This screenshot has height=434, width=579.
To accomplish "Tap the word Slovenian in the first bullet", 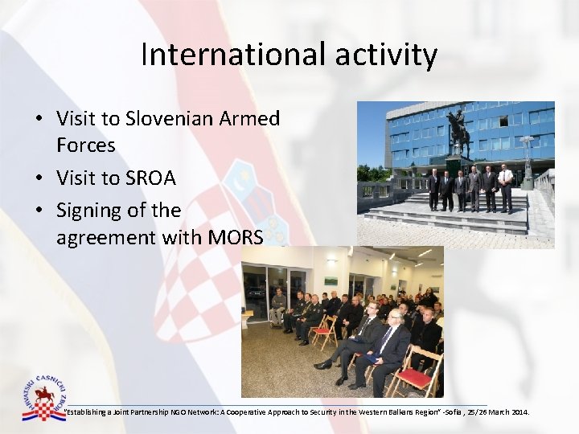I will (170, 119).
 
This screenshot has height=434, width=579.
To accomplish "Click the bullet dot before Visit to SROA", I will (39, 178).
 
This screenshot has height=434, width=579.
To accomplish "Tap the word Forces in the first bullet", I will (85, 145).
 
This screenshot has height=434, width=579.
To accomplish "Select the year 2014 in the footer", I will (519, 412).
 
